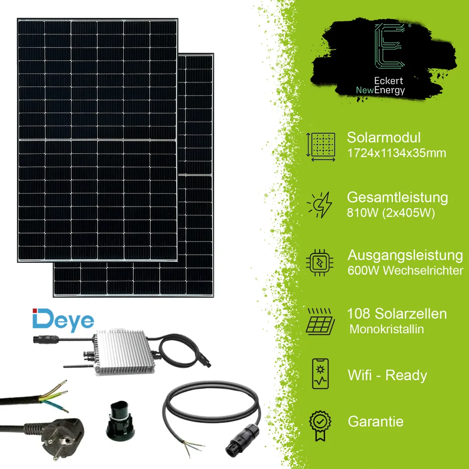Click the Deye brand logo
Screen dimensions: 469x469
[63, 320]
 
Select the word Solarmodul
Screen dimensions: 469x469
[383, 137]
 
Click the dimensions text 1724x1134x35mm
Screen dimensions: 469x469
[396, 153]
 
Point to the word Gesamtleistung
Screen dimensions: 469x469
[398, 198]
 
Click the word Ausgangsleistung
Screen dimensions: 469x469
[405, 255]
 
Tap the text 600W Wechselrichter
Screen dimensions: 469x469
[405, 271]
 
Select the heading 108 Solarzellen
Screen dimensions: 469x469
[397, 314]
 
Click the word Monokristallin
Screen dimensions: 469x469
[387, 329]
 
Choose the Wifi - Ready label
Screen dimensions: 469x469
[387, 376]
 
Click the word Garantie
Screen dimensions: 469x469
[376, 421]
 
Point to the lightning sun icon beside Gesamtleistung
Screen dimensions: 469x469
[320, 205]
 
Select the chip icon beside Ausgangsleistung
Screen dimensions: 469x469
[320, 262]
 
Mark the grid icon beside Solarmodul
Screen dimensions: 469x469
[322, 147]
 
